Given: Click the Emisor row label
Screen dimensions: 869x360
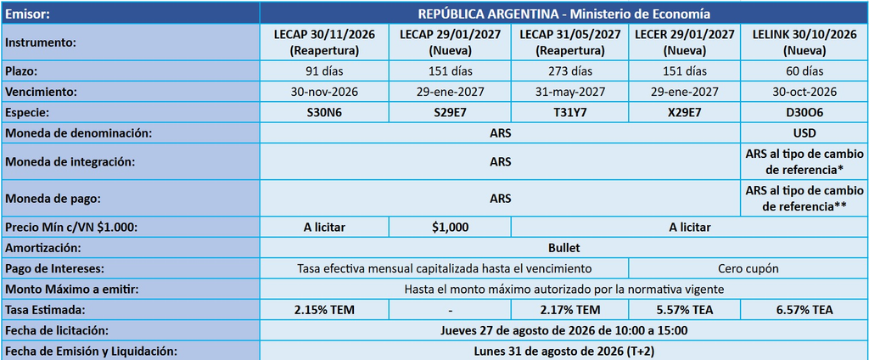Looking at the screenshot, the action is [x=28, y=14].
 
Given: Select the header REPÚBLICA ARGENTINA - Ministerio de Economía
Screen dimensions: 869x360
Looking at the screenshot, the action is [x=564, y=14].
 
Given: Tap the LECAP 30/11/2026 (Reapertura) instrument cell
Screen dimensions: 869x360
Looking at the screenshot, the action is [x=324, y=42].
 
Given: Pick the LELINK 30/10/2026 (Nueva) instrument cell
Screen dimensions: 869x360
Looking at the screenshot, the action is [x=805, y=42].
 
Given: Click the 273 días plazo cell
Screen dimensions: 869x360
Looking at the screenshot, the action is [x=569, y=71].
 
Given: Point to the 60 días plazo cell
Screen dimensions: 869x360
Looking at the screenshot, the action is [x=805, y=71].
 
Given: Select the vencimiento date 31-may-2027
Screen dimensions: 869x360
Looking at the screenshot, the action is [x=569, y=92].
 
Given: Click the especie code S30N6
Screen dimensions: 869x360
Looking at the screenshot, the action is [x=324, y=113].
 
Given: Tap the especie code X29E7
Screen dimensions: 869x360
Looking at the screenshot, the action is [x=684, y=113].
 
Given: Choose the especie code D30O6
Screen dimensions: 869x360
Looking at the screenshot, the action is [x=805, y=113].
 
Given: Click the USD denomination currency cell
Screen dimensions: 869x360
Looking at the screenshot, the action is [x=805, y=133].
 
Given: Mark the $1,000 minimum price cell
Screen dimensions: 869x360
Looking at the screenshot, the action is [x=450, y=227].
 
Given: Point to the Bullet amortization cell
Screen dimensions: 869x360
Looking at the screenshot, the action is [x=564, y=247].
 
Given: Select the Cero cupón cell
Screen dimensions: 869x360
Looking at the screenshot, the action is [x=748, y=268].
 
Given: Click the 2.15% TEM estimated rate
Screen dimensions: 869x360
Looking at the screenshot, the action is [x=324, y=310].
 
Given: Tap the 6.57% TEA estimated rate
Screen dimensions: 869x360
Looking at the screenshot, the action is [x=805, y=310].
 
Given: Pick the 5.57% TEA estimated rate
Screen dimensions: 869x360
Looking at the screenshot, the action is [x=684, y=310].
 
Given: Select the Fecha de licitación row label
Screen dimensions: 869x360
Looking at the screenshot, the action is [x=57, y=331].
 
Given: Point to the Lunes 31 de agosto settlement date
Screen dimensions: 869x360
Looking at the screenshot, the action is [x=564, y=352].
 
